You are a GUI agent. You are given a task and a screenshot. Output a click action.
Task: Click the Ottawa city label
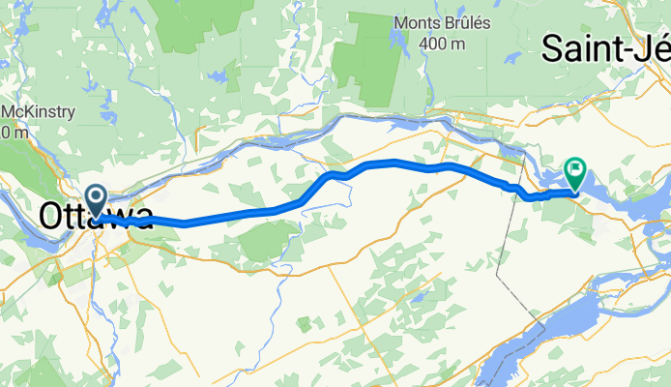96,216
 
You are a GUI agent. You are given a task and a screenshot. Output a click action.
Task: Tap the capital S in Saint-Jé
555,47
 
